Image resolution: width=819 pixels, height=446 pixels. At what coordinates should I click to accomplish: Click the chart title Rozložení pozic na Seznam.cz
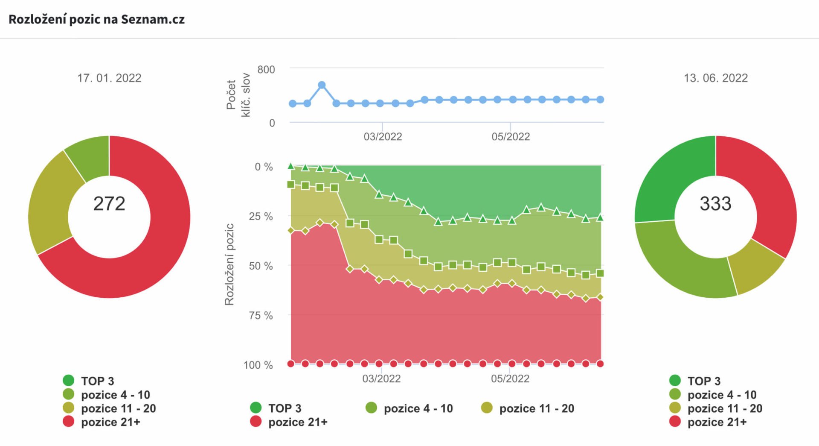click(x=96, y=20)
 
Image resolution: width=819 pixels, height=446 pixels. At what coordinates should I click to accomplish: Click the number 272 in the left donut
click(x=109, y=203)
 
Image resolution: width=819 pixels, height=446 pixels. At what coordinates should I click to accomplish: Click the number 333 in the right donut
click(x=715, y=203)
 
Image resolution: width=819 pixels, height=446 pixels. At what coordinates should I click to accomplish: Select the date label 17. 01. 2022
click(x=109, y=78)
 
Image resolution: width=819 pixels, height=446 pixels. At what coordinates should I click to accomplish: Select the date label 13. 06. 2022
click(x=715, y=78)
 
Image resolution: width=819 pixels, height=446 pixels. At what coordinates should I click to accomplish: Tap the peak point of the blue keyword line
click(x=322, y=85)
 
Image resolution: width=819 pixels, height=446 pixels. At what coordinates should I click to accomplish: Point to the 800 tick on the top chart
click(x=266, y=70)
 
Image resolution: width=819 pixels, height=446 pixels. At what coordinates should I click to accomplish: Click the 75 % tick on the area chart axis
click(x=261, y=315)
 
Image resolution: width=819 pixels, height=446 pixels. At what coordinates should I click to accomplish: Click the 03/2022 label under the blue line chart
click(x=383, y=137)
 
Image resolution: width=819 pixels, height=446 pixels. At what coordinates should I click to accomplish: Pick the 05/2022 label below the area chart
click(x=510, y=379)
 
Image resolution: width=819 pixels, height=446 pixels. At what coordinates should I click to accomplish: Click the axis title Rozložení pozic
click(x=229, y=264)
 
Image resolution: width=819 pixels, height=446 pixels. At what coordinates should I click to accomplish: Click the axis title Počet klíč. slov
click(x=238, y=95)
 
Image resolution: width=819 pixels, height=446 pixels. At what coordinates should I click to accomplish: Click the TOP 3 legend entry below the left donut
click(x=97, y=381)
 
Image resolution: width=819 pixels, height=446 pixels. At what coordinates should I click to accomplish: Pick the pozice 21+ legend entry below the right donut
click(x=717, y=422)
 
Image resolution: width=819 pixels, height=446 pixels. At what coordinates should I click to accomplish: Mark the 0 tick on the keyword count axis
click(x=272, y=123)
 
